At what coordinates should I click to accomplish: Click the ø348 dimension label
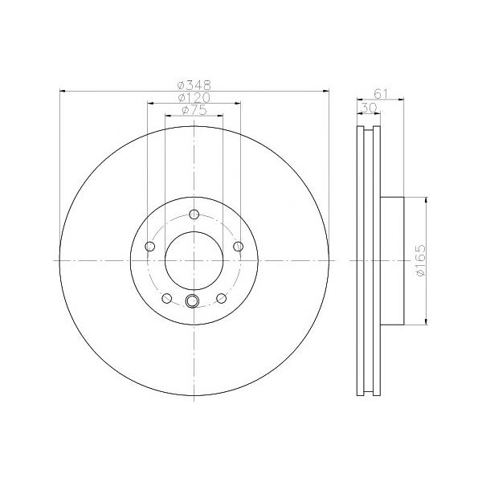[x=194, y=84]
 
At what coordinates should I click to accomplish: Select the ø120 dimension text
[x=194, y=97]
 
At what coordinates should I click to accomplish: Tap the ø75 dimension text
[x=194, y=110]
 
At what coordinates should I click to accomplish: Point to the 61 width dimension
[x=381, y=93]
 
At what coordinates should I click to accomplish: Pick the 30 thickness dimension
[x=369, y=108]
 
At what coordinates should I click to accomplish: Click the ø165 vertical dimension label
[x=420, y=260]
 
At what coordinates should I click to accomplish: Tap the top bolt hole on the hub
[x=194, y=214]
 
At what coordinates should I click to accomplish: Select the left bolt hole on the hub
[x=149, y=247]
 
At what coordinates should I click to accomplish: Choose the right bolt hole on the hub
[x=239, y=247]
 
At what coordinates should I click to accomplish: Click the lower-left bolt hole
[x=166, y=298]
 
